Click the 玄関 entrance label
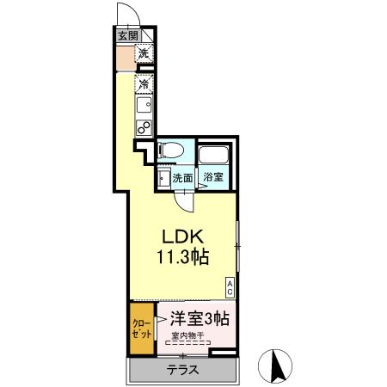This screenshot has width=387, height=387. [128, 35]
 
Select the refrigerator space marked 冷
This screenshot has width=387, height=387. [144, 84]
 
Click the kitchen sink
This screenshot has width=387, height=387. [143, 107]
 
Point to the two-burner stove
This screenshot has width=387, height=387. [143, 127]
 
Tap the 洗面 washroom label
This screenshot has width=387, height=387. [181, 179]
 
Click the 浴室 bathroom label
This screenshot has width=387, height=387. [213, 179]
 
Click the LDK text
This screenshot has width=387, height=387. [181, 236]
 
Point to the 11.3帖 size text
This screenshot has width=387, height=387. [182, 256]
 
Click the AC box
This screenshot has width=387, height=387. [230, 286]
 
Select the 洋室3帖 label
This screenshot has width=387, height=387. [199, 316]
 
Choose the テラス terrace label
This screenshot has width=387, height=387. [182, 371]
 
